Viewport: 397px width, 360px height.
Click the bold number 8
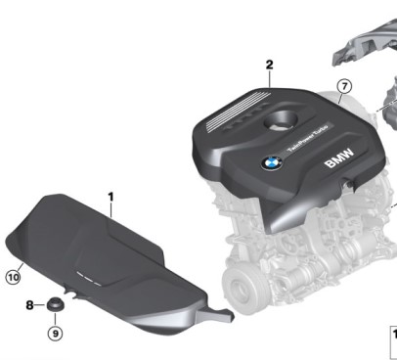[x=30, y=305]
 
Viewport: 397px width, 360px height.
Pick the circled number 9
[x=55, y=333]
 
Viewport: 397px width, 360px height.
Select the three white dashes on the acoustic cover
[x=90, y=277]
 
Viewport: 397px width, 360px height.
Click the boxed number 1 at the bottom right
[x=393, y=333]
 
